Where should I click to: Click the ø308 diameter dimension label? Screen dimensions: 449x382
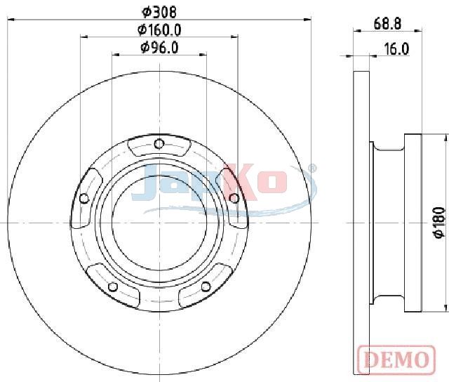pos(159,12)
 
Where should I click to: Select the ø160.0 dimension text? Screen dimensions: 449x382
pos(159,29)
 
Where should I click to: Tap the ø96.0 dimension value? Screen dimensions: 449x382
pos(159,47)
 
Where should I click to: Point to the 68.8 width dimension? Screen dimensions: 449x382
pos(387,23)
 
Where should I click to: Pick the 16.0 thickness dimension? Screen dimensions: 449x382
pos(396,49)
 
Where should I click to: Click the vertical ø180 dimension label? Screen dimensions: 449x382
pos(440,223)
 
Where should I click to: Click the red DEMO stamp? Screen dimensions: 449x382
pos(396,359)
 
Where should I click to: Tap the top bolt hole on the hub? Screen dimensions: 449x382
pos(159,143)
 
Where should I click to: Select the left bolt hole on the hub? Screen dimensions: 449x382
pos(84,198)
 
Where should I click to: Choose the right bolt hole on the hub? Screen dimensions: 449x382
pos(234,198)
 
